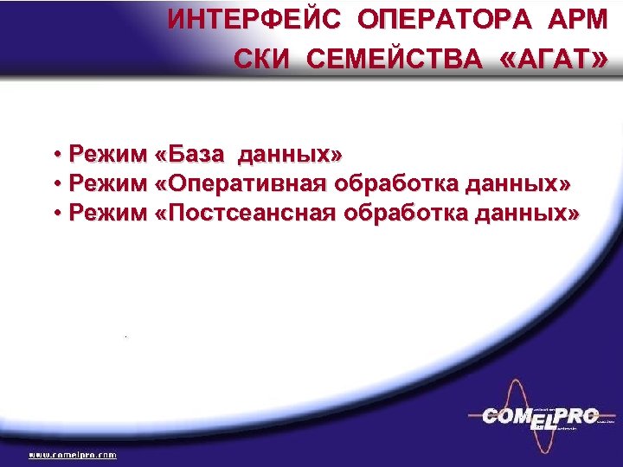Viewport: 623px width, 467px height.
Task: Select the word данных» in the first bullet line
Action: pos(289,156)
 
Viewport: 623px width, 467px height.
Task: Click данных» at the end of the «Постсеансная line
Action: pos(527,213)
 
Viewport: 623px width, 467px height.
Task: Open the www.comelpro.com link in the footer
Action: pos(74,454)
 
